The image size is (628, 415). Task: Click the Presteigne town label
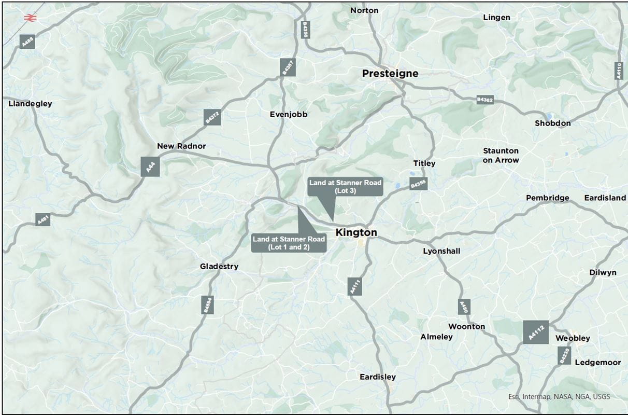coord(390,74)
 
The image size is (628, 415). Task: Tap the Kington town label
coord(356,233)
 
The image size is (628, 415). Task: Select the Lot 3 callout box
coord(345,187)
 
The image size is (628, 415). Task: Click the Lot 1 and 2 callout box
coord(289,243)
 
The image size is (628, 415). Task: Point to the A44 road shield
coord(150,167)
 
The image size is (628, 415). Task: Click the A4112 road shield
coord(535,333)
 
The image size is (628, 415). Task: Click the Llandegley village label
coord(31,104)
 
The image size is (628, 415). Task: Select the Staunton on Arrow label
coord(501,156)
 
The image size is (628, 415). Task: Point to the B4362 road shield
coord(484,100)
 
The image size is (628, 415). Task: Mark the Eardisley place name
coord(378,377)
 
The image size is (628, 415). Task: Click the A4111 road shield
coord(355,286)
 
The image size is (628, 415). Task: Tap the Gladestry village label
coord(219,267)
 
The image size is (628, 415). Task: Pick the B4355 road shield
coord(418,184)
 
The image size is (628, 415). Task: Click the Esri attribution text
coord(559,397)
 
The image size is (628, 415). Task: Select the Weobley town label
coord(573,338)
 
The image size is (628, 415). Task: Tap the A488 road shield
coord(27,41)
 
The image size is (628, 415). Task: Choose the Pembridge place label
coord(547,198)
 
